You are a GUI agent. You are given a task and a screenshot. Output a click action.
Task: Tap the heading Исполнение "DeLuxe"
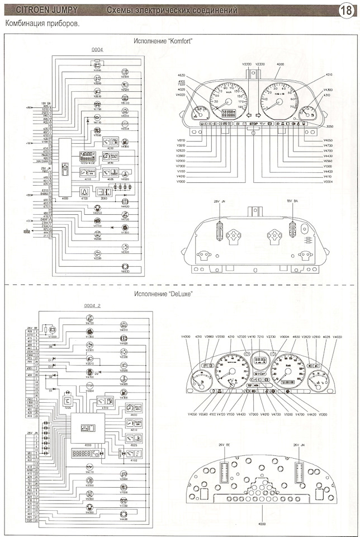tap(160, 294)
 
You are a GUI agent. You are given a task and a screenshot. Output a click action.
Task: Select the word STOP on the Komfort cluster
tap(254, 123)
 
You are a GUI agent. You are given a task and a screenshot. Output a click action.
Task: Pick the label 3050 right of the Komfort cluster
tap(330, 127)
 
